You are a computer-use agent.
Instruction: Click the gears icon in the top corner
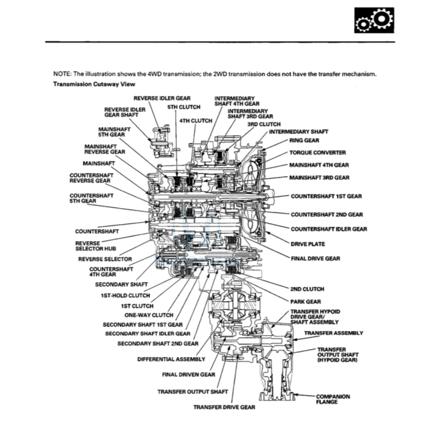tap(374, 21)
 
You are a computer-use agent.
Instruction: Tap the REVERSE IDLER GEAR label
tap(162, 98)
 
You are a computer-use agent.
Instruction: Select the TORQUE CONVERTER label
tap(317, 152)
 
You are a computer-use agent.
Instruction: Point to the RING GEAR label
tap(304, 141)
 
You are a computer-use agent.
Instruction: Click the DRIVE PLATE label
tap(307, 244)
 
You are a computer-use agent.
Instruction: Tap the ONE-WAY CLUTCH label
tap(149, 315)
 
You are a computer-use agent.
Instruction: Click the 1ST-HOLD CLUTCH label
tap(125, 295)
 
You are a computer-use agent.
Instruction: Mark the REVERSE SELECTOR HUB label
tap(93, 246)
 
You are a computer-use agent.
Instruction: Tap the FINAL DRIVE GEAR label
tap(315, 258)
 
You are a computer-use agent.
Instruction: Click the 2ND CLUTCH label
tap(307, 289)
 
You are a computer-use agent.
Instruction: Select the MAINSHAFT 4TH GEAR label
tap(319, 165)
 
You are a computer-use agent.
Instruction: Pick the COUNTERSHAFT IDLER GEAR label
tap(329, 229)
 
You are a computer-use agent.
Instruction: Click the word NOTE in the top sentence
tap(61, 74)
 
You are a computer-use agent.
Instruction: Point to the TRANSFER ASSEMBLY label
tap(334, 333)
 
